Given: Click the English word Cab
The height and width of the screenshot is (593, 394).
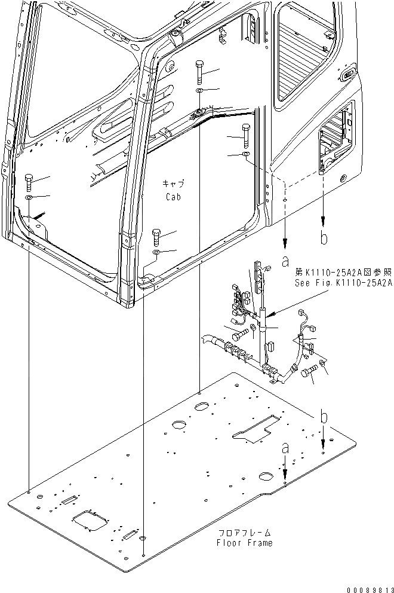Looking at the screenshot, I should click(x=173, y=196).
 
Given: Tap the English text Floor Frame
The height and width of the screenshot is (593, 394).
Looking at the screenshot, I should click(x=245, y=543).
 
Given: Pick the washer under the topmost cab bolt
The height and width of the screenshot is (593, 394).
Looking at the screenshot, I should click(x=198, y=90).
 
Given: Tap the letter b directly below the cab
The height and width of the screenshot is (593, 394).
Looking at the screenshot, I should click(x=324, y=239).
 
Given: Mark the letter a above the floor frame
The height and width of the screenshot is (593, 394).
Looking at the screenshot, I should click(x=285, y=447).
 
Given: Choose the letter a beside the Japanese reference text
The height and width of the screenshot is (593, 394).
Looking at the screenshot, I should click(x=285, y=261).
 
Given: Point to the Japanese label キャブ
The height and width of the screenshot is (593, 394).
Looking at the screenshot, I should click(x=173, y=183).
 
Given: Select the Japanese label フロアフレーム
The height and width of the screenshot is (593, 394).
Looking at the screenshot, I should click(x=245, y=531).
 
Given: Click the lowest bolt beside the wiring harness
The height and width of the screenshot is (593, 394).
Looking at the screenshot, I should click(x=309, y=374).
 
